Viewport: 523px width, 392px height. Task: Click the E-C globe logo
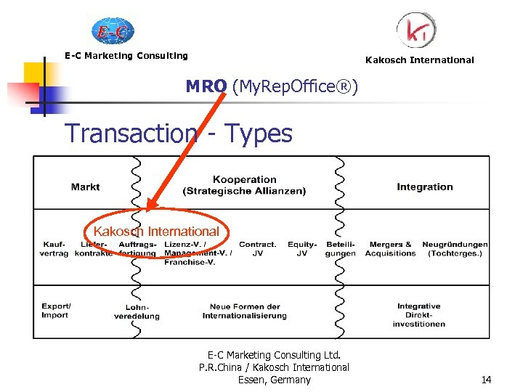[113, 30]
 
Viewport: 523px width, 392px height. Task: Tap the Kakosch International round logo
[416, 30]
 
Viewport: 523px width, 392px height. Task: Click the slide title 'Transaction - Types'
[179, 134]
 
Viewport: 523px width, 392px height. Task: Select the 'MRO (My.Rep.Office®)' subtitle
[272, 87]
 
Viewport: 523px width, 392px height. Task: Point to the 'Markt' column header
[86, 187]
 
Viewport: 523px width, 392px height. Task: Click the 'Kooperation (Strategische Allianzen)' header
[245, 185]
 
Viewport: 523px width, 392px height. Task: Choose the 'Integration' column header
[424, 187]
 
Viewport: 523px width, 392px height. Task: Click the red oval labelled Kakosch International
[155, 232]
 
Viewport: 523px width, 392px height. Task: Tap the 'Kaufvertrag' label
[55, 249]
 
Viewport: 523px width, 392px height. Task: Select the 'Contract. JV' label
[257, 249]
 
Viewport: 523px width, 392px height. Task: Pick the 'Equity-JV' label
[302, 249]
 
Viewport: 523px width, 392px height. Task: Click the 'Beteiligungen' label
[341, 249]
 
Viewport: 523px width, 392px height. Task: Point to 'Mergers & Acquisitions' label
[390, 249]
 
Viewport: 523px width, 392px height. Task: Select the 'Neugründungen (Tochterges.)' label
[455, 249]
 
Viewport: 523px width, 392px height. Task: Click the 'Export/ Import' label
[55, 311]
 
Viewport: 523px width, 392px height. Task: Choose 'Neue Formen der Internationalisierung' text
[245, 311]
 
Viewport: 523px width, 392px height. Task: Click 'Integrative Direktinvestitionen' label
[419, 315]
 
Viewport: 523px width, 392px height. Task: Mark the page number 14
[486, 380]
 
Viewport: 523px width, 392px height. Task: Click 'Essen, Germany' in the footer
[274, 380]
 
